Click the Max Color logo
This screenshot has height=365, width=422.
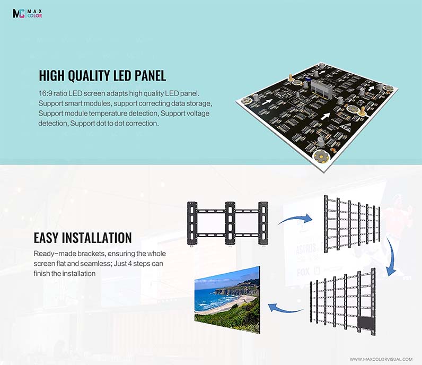(x=27, y=13)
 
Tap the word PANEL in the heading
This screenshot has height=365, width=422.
(x=150, y=75)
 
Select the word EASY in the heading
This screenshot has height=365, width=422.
(x=46, y=238)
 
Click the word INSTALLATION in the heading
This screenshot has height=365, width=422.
(x=97, y=238)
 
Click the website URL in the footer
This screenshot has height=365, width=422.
(x=381, y=359)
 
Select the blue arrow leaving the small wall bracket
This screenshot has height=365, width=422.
(x=295, y=219)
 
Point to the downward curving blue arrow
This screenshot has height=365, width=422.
(x=391, y=256)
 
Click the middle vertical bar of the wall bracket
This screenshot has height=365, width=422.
(x=230, y=223)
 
